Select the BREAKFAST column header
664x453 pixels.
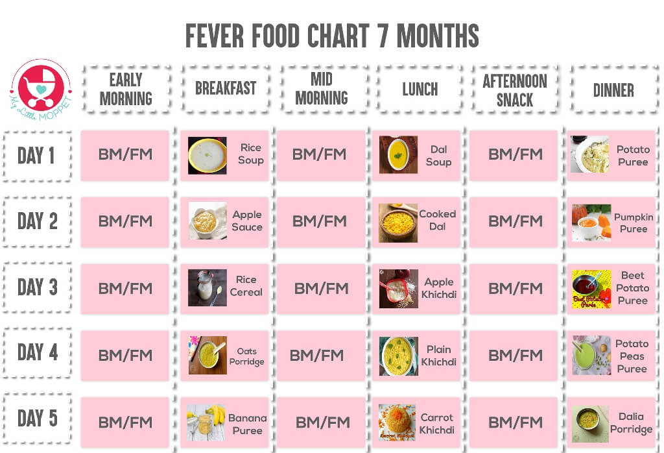point(226,89)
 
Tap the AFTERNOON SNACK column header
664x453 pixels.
point(515,90)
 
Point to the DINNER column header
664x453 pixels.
point(613,90)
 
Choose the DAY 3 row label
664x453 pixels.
point(37,287)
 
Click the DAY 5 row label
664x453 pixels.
point(37,419)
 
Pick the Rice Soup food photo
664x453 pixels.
point(207,155)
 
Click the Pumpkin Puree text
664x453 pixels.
point(634,223)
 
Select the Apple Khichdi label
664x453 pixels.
point(440,288)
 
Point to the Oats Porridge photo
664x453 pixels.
point(207,355)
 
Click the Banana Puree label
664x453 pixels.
point(247,424)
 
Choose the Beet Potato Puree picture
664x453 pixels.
point(591,289)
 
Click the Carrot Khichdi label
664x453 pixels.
point(436,423)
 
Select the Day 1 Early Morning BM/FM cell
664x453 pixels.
point(124,154)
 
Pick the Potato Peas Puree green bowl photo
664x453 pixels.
point(591,355)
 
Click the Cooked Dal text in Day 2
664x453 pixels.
point(437,220)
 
